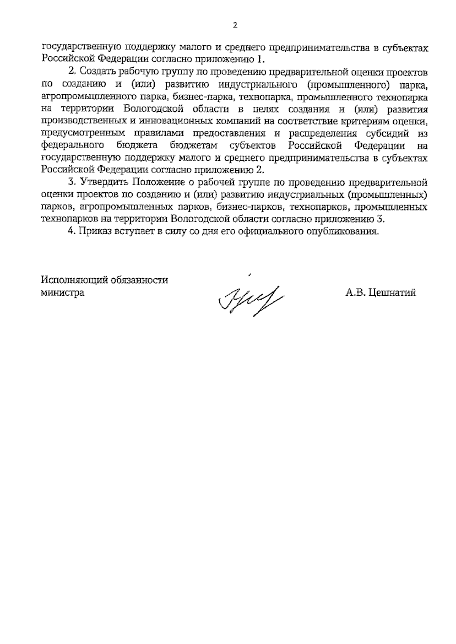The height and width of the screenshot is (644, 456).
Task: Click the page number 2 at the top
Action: pos(234,25)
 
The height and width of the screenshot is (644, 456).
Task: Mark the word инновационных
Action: pos(170,121)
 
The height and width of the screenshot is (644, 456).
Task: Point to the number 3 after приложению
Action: pos(378,219)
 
